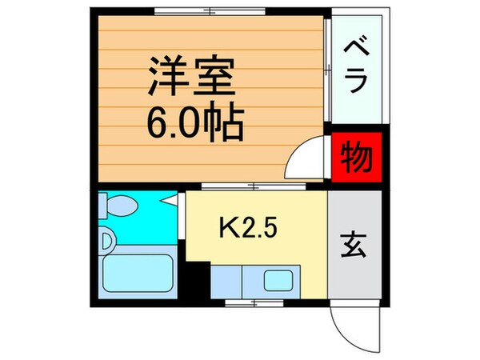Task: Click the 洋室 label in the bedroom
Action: tap(190, 77)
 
